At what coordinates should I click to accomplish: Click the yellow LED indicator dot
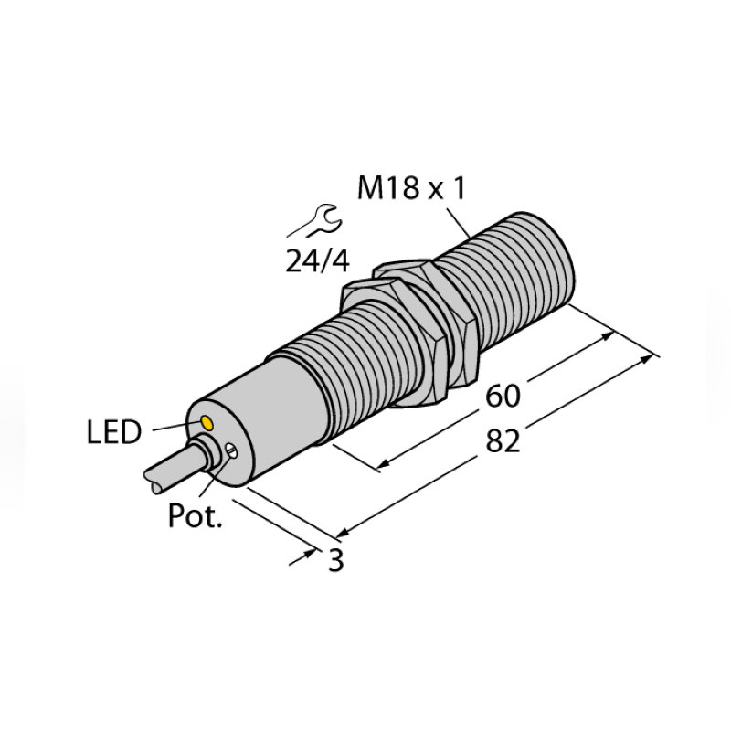(207, 423)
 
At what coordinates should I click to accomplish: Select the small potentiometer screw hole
(234, 450)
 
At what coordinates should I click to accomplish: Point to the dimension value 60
(503, 396)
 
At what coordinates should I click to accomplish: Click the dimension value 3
(335, 560)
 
